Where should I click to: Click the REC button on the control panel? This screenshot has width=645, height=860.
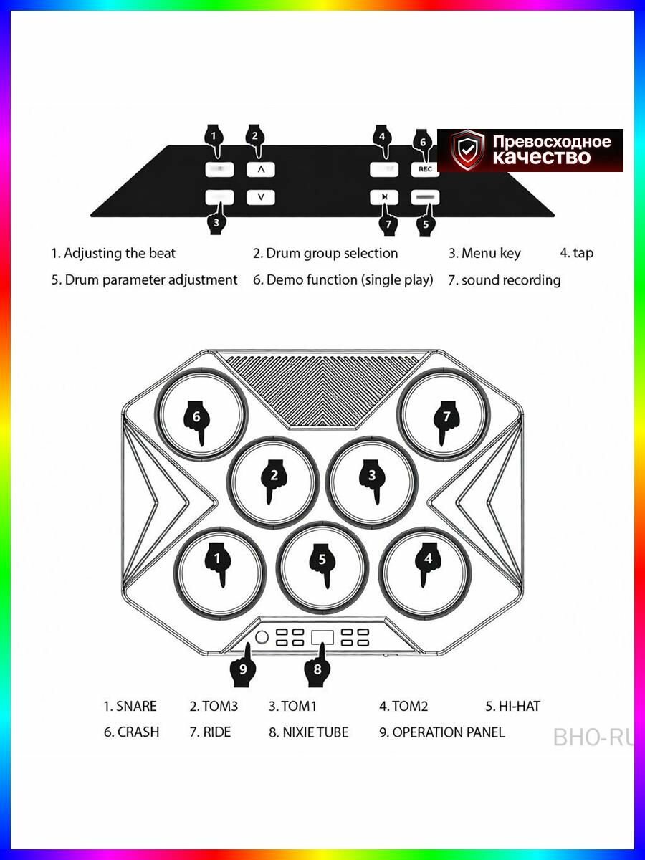[425, 169]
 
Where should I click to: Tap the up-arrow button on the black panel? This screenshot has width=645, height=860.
[261, 170]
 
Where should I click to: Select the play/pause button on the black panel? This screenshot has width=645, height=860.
[385, 197]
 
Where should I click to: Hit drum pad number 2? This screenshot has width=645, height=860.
[273, 482]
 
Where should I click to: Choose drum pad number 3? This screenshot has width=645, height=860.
[373, 482]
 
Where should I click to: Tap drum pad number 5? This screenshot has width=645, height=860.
[322, 567]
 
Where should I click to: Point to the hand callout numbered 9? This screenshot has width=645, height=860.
[244, 666]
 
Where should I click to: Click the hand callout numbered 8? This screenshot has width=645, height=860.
[317, 666]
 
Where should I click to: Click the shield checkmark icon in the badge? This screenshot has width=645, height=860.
[467, 150]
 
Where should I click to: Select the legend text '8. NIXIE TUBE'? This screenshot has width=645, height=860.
[309, 732]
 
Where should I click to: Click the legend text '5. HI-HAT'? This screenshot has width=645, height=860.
[513, 707]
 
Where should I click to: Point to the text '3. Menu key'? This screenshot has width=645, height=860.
[484, 254]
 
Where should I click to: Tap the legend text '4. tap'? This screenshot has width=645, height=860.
[576, 254]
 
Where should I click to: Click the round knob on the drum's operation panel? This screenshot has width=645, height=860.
[262, 637]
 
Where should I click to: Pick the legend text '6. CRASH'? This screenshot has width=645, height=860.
[132, 732]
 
